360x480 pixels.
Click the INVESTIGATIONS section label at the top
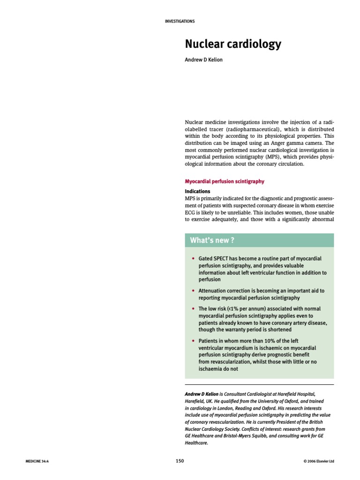pos(180,21)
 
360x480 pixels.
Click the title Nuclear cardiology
pos(232,45)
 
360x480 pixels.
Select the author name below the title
pos(203,60)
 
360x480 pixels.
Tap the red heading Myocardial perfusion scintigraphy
pos(225,181)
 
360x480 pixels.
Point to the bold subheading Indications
pos(197,192)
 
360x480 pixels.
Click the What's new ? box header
pos(212,240)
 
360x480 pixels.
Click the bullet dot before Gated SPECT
pos(193,259)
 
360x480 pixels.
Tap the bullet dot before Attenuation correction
pos(193,291)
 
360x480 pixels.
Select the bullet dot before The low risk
pos(193,309)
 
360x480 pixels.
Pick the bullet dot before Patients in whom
pos(193,341)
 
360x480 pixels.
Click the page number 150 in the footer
pos(180,461)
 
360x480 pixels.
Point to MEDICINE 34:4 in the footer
pos(37,461)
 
